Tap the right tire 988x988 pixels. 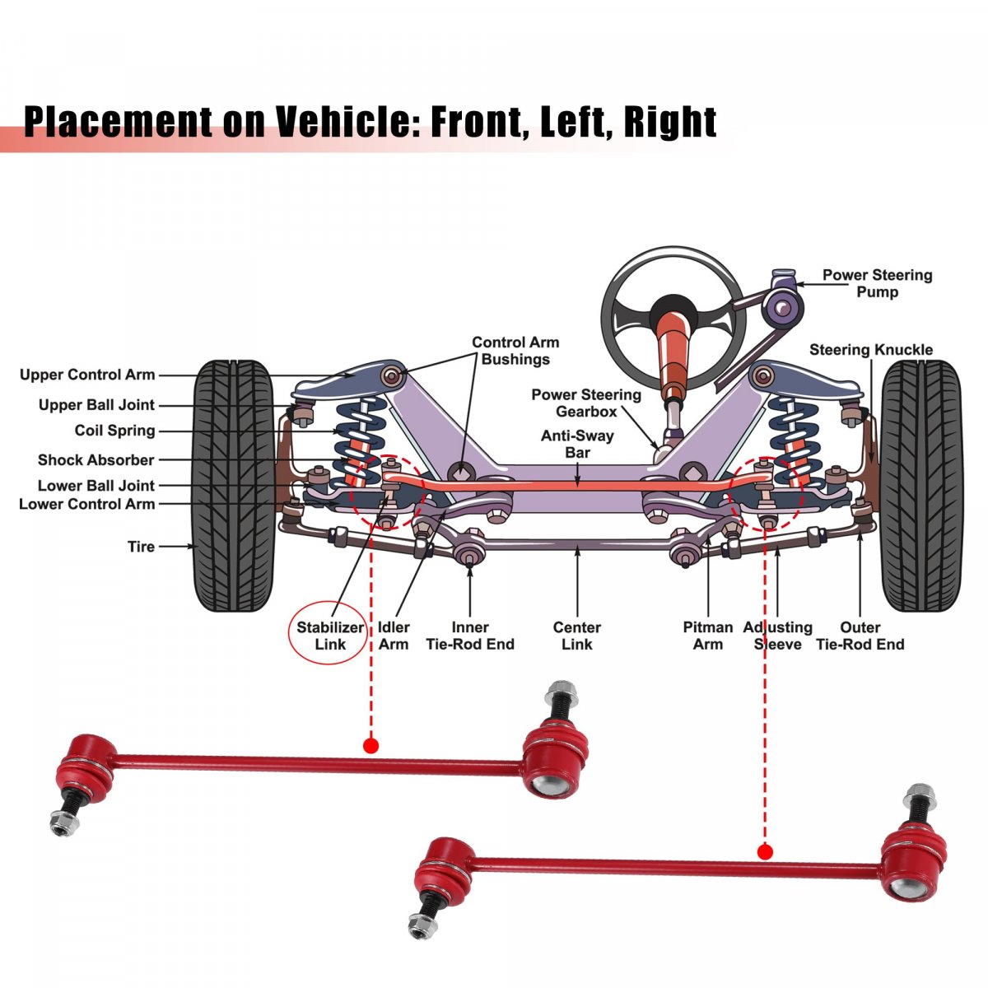(x=921, y=486)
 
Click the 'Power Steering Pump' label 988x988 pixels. (x=877, y=283)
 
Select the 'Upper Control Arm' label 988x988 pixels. (x=87, y=375)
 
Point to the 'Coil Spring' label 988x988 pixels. (x=114, y=431)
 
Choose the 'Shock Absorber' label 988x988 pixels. (x=96, y=460)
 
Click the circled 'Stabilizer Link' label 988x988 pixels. (x=330, y=636)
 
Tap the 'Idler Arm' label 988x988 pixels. (x=394, y=636)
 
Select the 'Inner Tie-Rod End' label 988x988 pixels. (x=469, y=636)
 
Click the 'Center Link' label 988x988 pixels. (x=576, y=636)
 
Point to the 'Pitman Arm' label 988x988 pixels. (x=707, y=636)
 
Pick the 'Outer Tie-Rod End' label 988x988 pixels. (x=860, y=636)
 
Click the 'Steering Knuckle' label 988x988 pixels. (x=870, y=350)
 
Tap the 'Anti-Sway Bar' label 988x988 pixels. (x=577, y=444)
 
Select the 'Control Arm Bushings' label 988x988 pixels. (x=515, y=351)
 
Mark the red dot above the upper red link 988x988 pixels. (x=370, y=746)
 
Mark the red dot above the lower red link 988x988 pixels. (x=765, y=851)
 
